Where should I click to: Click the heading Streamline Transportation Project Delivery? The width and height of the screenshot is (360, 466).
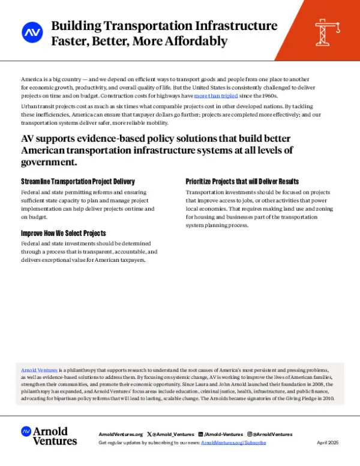78,181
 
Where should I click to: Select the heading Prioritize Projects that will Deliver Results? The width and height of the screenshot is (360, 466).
242,181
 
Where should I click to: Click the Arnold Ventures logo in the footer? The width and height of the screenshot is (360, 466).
49,436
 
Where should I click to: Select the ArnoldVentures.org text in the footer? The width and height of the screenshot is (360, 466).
121,434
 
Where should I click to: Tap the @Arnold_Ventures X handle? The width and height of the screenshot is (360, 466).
171,434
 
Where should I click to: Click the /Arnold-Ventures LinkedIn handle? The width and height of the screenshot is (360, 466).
223,434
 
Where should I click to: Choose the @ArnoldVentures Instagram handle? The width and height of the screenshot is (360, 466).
272,434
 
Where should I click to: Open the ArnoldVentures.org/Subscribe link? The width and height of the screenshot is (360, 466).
233,442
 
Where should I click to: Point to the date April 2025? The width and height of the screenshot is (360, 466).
328,442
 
